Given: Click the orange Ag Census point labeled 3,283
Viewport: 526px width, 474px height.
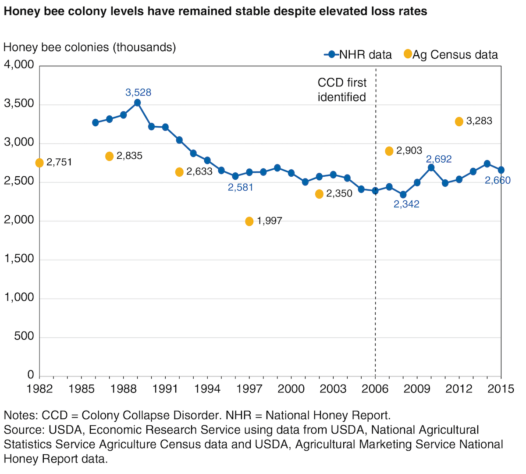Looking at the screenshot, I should (459, 121).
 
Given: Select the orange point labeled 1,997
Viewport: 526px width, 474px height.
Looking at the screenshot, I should (249, 221).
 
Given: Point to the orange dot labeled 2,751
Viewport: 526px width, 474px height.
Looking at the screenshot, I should (39, 163).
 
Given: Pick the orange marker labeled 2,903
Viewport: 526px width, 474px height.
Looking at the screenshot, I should (389, 151).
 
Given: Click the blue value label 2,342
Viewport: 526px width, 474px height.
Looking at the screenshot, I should (406, 204).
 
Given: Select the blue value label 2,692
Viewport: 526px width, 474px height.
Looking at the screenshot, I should (439, 159).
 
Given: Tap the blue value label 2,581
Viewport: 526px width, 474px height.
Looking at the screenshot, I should (241, 187).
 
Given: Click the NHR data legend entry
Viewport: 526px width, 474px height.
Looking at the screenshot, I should (358, 55).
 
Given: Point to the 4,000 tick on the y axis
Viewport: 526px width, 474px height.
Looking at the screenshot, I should (19, 65).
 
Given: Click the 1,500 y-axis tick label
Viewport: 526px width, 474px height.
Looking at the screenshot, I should (19, 259).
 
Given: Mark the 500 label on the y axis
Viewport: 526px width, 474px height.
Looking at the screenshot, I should (25, 336).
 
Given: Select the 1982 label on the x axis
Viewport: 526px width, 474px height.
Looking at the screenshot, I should (39, 389).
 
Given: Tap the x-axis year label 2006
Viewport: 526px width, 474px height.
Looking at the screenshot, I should (375, 389).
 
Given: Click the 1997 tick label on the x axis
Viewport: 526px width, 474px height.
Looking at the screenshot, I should (249, 389).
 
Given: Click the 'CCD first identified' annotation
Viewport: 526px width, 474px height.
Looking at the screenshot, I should (342, 90).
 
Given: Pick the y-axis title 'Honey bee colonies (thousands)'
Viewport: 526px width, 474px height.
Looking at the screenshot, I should (90, 47).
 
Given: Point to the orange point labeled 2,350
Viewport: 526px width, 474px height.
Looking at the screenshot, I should (319, 194).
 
